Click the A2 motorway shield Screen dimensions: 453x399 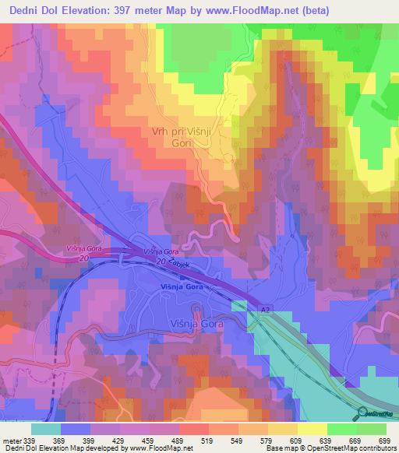pyautogui.click(x=265, y=310)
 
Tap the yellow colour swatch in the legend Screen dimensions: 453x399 pyautogui.click(x=312, y=429)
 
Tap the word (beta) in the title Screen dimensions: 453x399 pyautogui.click(x=313, y=10)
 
